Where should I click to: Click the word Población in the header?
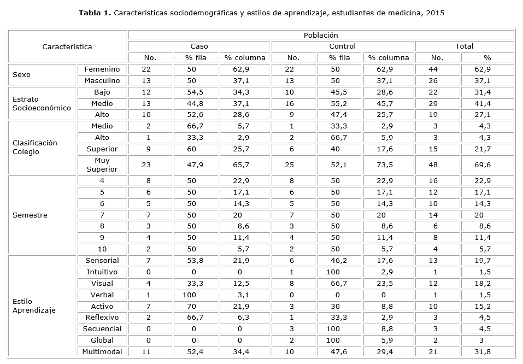321,35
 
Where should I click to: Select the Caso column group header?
199,46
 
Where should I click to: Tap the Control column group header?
343,46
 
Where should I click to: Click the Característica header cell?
67,46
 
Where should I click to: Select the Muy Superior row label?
102,165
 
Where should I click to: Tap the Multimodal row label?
102,351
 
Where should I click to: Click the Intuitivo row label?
102,272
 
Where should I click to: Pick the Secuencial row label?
102,328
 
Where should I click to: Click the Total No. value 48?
437,165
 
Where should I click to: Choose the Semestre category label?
30,215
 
